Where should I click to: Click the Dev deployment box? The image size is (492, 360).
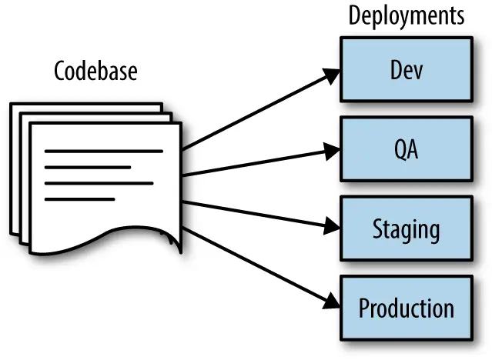406,68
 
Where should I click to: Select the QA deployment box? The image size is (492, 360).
406,148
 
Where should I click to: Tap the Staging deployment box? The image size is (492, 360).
406,228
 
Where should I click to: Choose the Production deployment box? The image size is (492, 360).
406,308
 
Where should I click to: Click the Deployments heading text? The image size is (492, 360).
407,16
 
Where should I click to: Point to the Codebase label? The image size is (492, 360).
96,72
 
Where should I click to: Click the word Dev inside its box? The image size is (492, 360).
406,70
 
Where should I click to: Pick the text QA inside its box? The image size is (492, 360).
406,149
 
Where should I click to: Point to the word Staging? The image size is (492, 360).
406,229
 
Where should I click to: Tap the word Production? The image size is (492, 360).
406,308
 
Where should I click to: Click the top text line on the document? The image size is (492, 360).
104,152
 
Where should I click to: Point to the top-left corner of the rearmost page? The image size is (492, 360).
13,105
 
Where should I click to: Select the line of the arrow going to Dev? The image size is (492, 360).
254,112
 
